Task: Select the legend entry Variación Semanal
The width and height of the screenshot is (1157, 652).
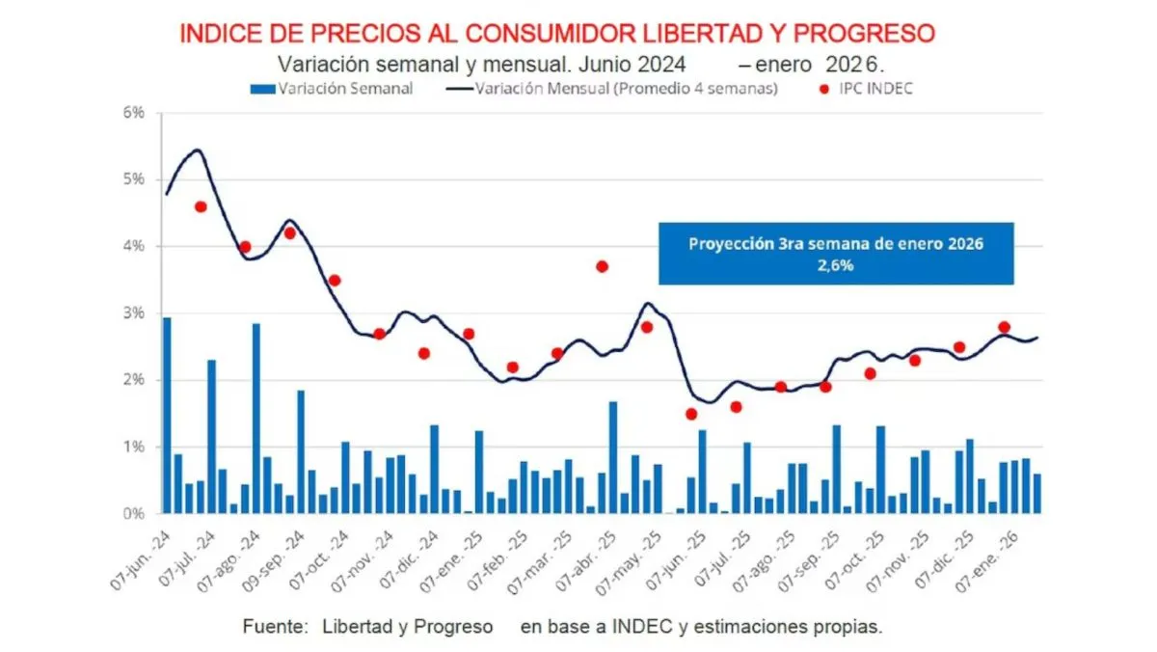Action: click(x=332, y=89)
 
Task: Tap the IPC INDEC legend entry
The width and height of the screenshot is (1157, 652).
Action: click(x=872, y=89)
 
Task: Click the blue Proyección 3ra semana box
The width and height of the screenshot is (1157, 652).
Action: click(x=836, y=255)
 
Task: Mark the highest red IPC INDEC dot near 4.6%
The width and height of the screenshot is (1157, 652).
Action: click(x=201, y=206)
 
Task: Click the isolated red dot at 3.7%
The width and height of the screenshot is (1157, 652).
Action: click(x=602, y=266)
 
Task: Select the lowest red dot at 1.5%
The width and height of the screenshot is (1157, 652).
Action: click(x=691, y=414)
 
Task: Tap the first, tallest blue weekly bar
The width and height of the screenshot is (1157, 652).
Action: click(x=167, y=415)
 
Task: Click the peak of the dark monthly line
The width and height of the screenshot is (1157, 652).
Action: click(x=197, y=150)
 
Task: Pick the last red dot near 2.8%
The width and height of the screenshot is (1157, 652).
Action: click(x=1004, y=327)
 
